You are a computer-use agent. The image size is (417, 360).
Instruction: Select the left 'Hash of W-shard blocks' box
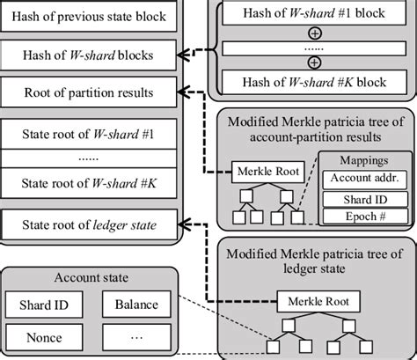tap(91, 56)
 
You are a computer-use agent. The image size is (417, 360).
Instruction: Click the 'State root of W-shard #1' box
tap(91, 135)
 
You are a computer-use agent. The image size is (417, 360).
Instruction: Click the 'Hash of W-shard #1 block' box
tap(313, 12)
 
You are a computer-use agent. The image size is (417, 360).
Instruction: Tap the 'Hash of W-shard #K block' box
tap(313, 83)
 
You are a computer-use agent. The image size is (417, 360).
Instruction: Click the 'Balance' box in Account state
tap(135, 305)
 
